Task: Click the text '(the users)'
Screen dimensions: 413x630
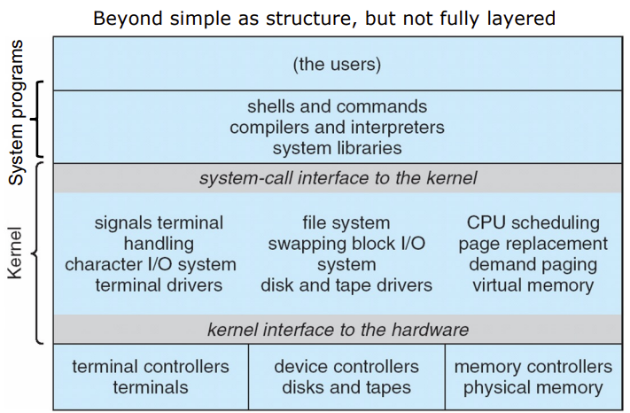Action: [337, 64]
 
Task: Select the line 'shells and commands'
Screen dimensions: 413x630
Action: [337, 107]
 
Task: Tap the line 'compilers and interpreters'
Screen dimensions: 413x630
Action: [337, 128]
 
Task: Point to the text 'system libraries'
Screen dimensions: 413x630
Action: [337, 148]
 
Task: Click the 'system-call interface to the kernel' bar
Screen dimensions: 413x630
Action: [337, 178]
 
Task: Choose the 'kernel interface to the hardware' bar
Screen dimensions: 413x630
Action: [337, 330]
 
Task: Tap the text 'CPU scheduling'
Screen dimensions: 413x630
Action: [533, 222]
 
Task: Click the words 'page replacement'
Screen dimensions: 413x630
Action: [533, 244]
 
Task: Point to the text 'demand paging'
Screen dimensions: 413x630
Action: [533, 264]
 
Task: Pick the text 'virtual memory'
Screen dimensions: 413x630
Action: [533, 285]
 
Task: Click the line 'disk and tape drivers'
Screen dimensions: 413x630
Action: [346, 285]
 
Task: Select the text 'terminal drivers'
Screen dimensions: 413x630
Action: [159, 285]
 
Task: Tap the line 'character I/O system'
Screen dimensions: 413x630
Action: [151, 264]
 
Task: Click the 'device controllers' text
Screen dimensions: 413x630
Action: [346, 366]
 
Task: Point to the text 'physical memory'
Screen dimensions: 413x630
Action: [533, 387]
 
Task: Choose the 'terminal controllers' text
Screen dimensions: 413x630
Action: [151, 366]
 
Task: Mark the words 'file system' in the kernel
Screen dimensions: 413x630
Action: [346, 222]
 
